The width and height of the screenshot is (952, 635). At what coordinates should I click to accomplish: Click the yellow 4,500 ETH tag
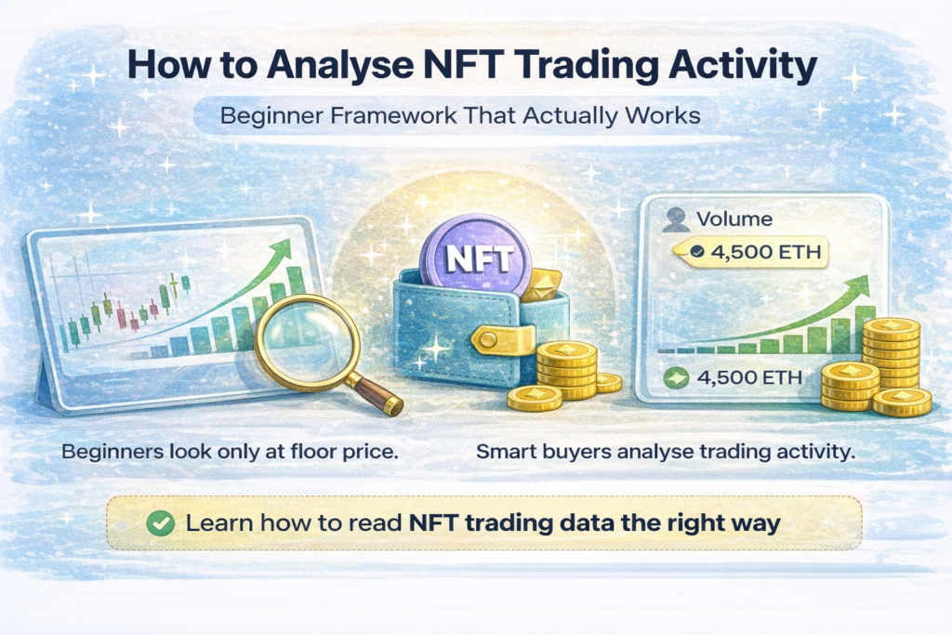[756, 252]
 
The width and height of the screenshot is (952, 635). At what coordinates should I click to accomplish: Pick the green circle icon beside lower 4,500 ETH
[677, 378]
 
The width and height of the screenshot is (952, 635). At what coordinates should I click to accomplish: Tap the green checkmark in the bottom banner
[161, 523]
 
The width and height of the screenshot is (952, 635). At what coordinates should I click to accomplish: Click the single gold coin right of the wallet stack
[608, 382]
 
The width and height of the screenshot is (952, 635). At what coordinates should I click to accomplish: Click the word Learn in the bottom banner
[218, 523]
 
